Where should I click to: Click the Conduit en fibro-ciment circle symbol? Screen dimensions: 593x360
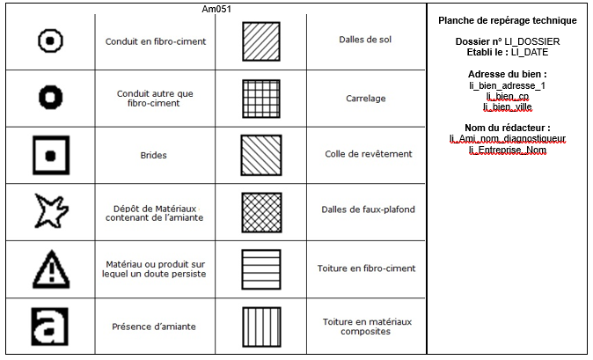(x=51, y=32)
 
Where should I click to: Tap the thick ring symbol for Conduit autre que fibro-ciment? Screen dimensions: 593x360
(x=51, y=87)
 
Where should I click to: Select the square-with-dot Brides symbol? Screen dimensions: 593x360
(x=51, y=138)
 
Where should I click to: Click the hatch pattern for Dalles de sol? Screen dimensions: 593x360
(x=261, y=41)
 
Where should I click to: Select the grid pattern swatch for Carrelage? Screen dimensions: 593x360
(x=261, y=99)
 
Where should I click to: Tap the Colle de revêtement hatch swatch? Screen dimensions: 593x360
(x=261, y=156)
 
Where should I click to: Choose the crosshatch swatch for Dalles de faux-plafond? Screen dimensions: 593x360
(x=261, y=212)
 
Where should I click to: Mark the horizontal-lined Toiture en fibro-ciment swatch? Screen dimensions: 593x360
(x=261, y=269)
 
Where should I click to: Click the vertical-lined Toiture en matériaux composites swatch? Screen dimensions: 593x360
(x=261, y=327)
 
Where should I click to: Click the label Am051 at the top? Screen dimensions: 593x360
(x=216, y=9)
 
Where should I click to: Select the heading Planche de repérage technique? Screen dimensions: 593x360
(x=508, y=20)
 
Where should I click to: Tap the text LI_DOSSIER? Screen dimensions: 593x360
(x=532, y=41)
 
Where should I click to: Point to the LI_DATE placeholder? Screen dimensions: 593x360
(x=530, y=52)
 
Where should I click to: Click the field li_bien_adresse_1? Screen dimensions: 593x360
(x=507, y=85)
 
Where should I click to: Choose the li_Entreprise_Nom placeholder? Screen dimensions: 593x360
(x=508, y=151)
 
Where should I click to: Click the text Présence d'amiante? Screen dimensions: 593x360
(x=154, y=327)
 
